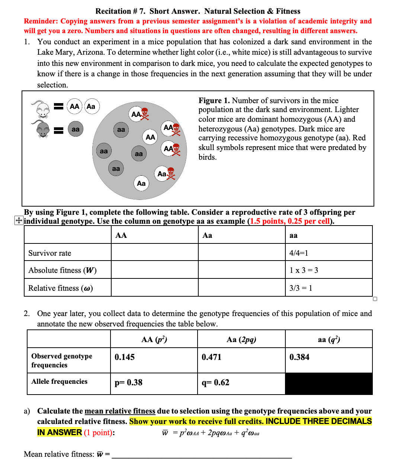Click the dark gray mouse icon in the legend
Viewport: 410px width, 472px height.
pyautogui.click(x=42, y=129)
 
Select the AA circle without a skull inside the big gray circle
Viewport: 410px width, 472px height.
pyautogui.click(x=150, y=137)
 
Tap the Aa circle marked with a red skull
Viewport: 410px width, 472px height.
pyautogui.click(x=162, y=174)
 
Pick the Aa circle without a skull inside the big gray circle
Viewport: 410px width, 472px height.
pyautogui.click(x=141, y=183)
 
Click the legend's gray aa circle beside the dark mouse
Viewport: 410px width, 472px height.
pyautogui.click(x=76, y=129)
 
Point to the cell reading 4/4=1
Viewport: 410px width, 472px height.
pyautogui.click(x=299, y=253)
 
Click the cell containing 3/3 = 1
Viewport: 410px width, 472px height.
pyautogui.click(x=301, y=288)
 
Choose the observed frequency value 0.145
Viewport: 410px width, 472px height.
pyautogui.click(x=125, y=357)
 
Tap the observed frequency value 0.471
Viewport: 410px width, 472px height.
pyautogui.click(x=211, y=357)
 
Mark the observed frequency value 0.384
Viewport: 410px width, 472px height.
pyautogui.click(x=299, y=357)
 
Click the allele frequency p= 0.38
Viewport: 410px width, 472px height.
pyautogui.click(x=128, y=383)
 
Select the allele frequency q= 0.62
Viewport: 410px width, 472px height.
pyautogui.click(x=215, y=383)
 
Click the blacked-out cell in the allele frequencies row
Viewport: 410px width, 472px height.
pyautogui.click(x=329, y=384)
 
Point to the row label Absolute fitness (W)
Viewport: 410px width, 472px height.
pyautogui.click(x=63, y=270)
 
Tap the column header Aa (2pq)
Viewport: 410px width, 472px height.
pyautogui.click(x=241, y=339)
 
